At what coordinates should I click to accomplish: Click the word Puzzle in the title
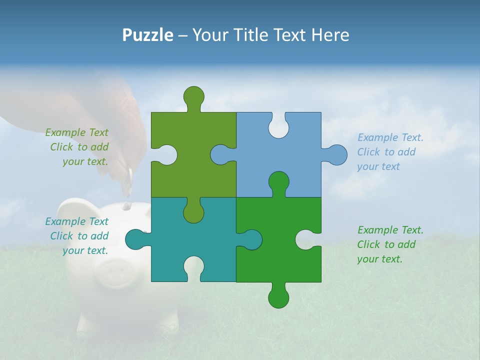147,35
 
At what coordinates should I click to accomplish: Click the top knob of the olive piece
193,96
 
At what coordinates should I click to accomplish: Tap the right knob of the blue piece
336,155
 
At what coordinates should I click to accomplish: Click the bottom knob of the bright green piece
278,297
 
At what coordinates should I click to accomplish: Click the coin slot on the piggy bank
126,205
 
